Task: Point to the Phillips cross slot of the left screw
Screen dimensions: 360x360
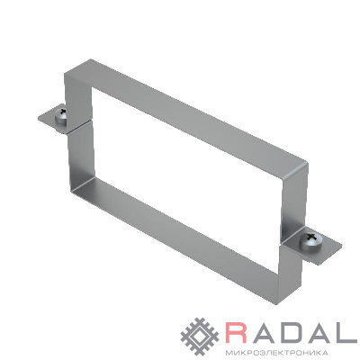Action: (63, 112)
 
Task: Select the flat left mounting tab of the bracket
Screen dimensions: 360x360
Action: (52, 119)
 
